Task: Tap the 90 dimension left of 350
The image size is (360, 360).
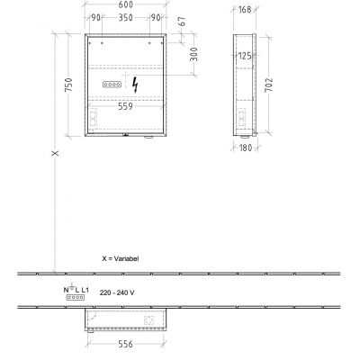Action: [96, 17]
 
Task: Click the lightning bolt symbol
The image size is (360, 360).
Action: [136, 85]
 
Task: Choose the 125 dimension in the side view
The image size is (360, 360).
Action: [244, 57]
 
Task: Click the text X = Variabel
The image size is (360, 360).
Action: [121, 257]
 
